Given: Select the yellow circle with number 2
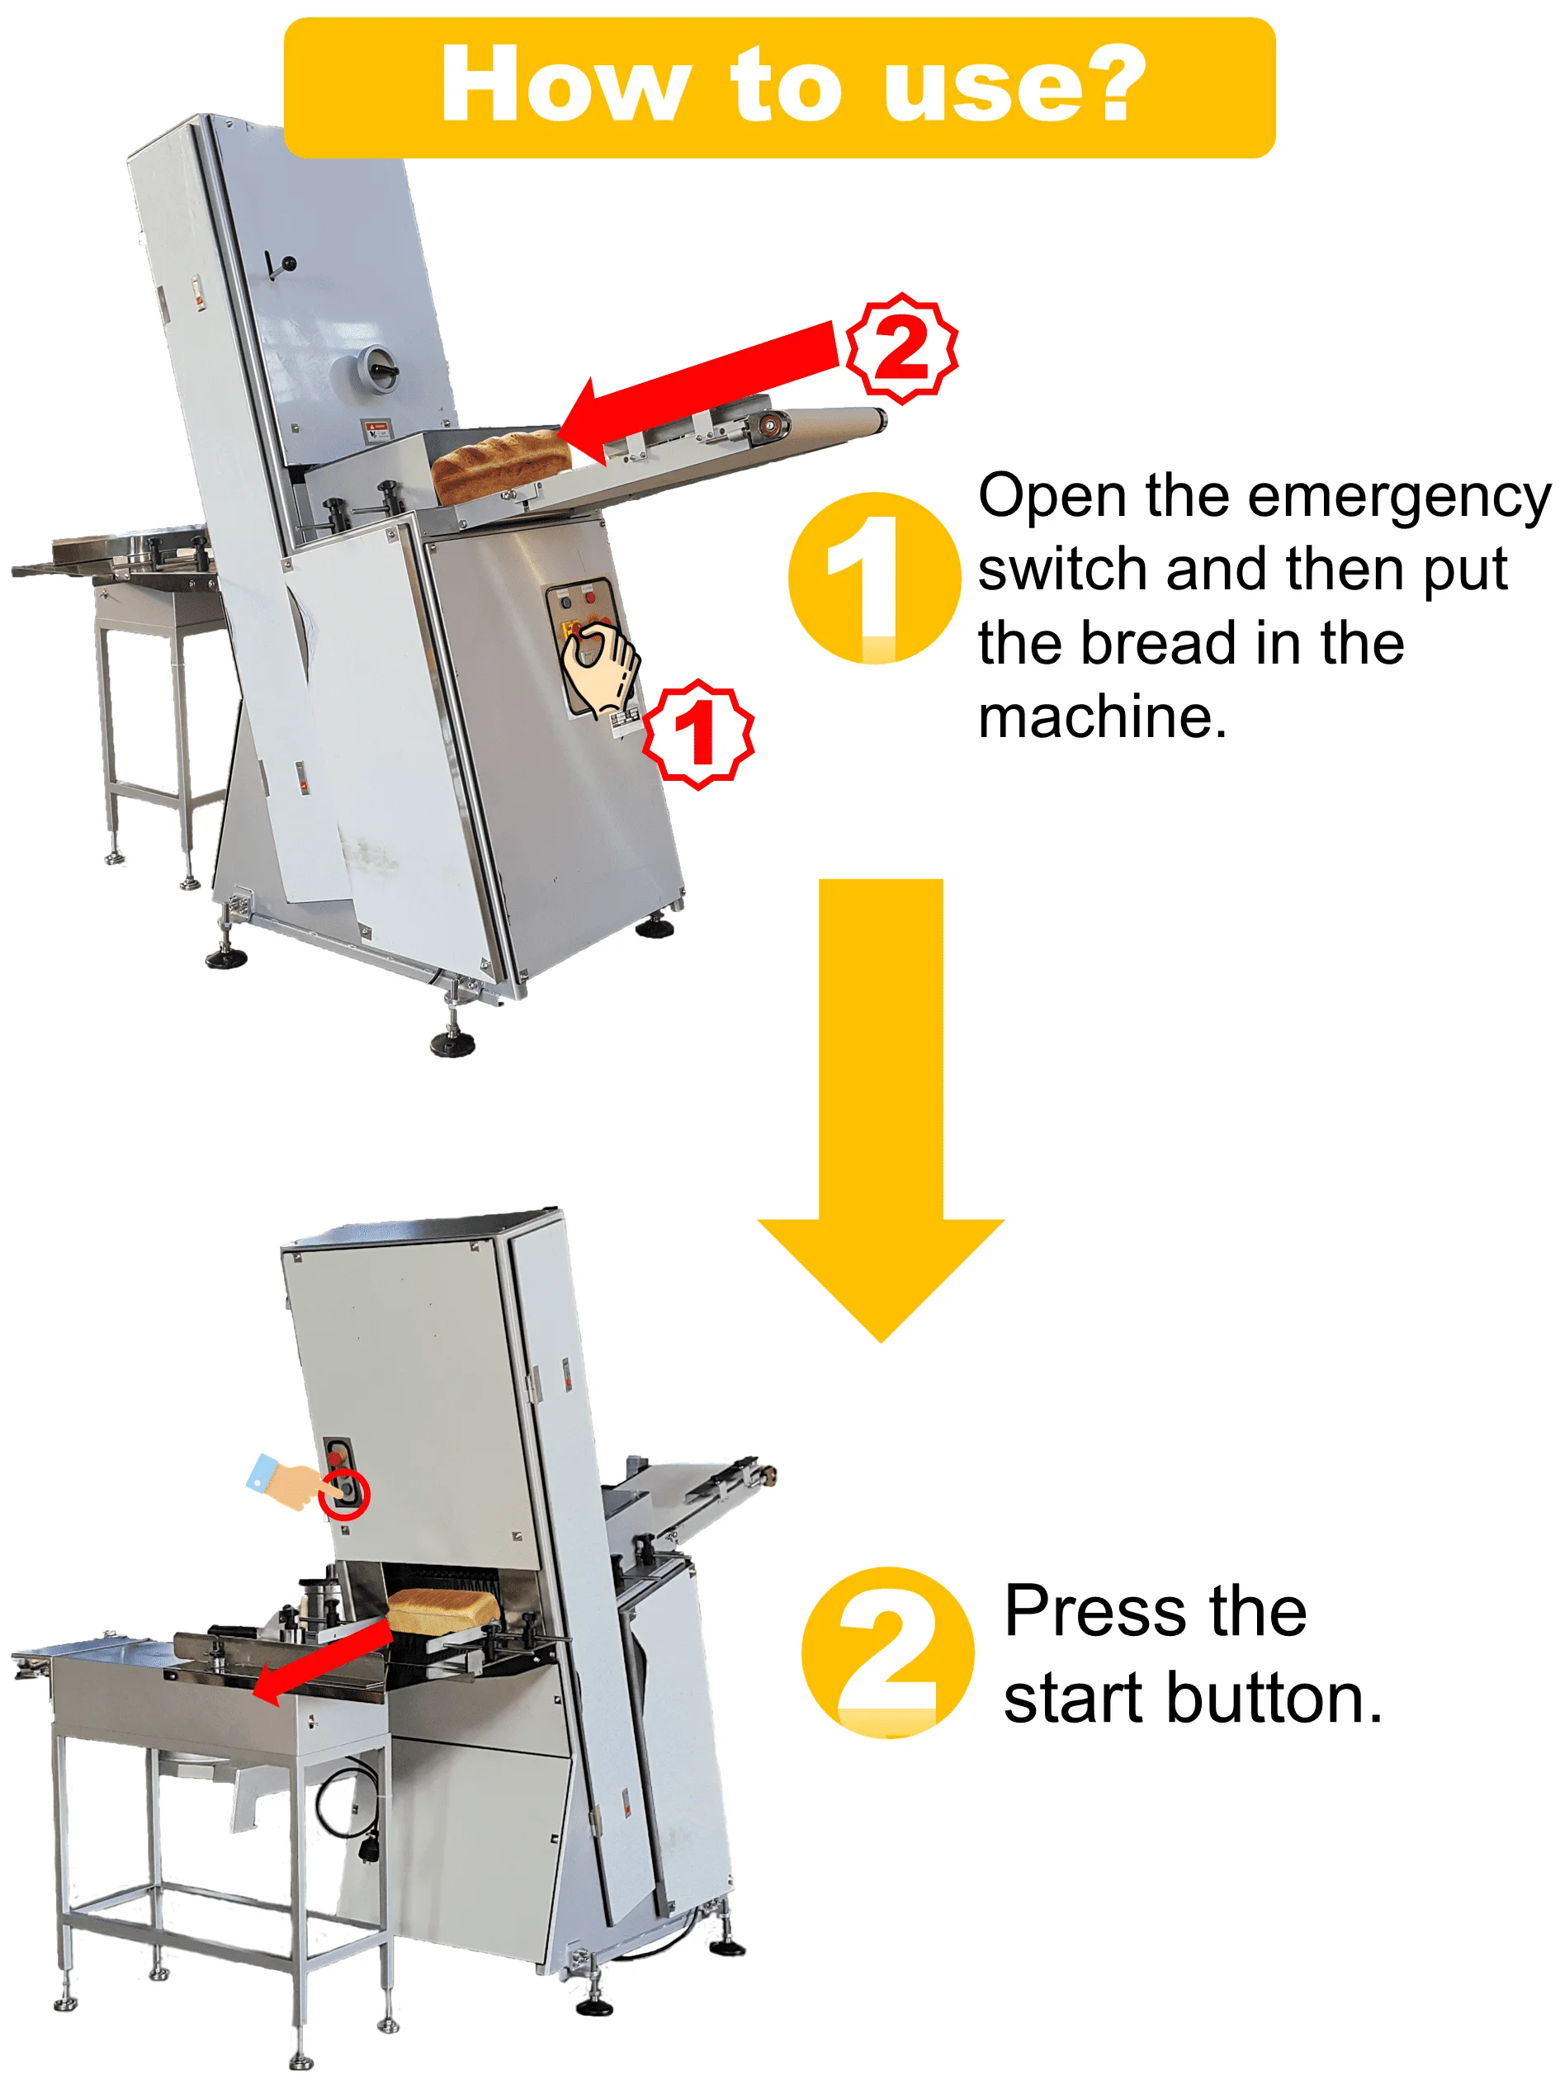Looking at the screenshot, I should click(886, 1652).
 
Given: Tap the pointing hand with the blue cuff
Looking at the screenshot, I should click(282, 1480).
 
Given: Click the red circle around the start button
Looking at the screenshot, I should click(344, 1493).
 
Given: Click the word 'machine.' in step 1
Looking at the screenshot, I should click(1102, 716).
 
